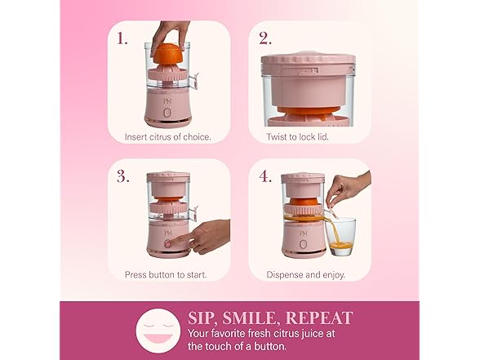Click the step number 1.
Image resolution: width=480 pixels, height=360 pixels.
point(123,38)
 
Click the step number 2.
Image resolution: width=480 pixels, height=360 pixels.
point(264,38)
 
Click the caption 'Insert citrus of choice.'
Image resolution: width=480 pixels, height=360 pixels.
point(167,136)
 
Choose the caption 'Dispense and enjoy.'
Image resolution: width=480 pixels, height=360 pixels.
point(305,275)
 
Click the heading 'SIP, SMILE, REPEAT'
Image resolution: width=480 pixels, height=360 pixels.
point(270,318)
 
